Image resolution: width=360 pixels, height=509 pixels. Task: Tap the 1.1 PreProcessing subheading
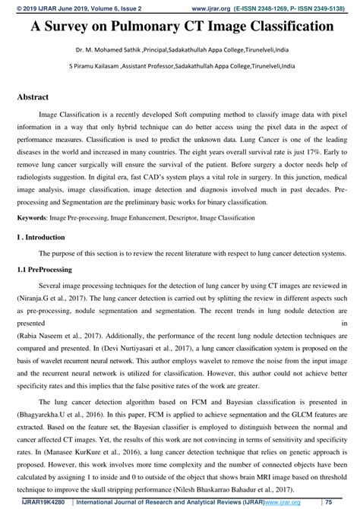[45, 270]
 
